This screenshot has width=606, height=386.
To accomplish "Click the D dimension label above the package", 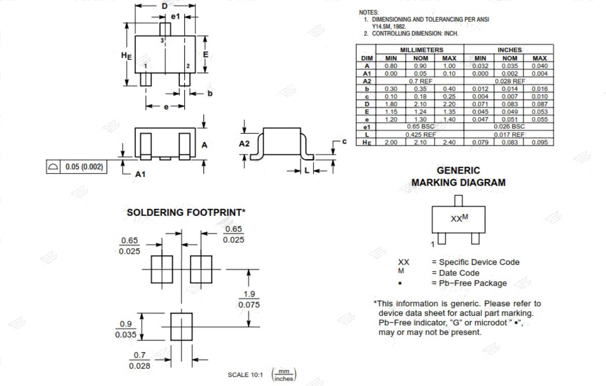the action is (165, 6).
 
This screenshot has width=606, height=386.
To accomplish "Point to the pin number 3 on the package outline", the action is (162, 40).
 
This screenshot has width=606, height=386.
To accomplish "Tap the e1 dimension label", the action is (175, 17).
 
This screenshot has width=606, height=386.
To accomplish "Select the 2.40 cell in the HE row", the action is (449, 142).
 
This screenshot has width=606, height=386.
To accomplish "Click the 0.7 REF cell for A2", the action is (420, 81).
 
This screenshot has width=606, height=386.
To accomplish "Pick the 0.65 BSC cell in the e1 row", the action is (420, 127).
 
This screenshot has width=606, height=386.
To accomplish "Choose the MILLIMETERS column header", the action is (422, 50).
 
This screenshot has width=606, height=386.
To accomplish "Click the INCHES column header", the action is (510, 50).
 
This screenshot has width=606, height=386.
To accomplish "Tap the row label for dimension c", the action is (367, 97).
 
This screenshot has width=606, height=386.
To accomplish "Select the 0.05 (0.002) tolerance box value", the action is (84, 167).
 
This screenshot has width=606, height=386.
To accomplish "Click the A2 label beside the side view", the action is (244, 143).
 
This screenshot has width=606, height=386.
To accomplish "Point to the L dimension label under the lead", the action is (307, 171).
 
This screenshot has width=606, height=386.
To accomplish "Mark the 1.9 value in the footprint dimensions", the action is (249, 294).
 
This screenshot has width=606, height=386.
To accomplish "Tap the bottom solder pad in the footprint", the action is (181, 326).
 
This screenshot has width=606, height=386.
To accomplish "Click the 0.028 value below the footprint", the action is (139, 366).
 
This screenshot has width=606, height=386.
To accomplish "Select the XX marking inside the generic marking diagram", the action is (456, 218).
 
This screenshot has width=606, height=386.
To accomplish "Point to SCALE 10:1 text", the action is (245, 375).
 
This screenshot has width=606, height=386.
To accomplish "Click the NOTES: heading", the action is (369, 13).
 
